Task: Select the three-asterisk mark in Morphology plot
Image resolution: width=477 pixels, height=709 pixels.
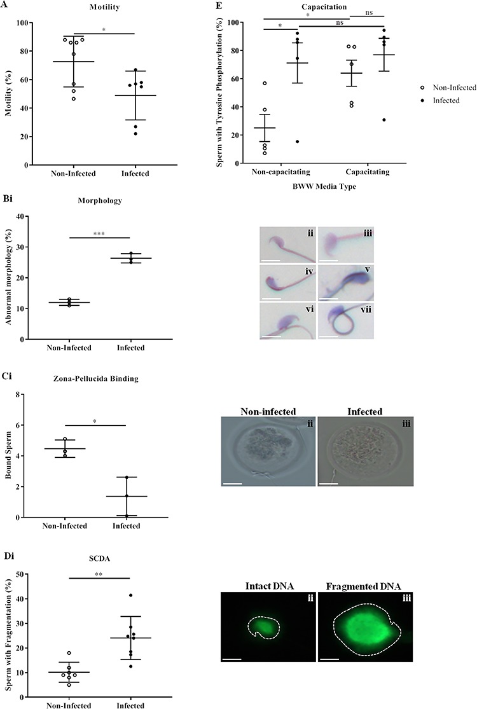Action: click(99, 234)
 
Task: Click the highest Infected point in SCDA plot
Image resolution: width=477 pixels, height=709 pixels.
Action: click(131, 595)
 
